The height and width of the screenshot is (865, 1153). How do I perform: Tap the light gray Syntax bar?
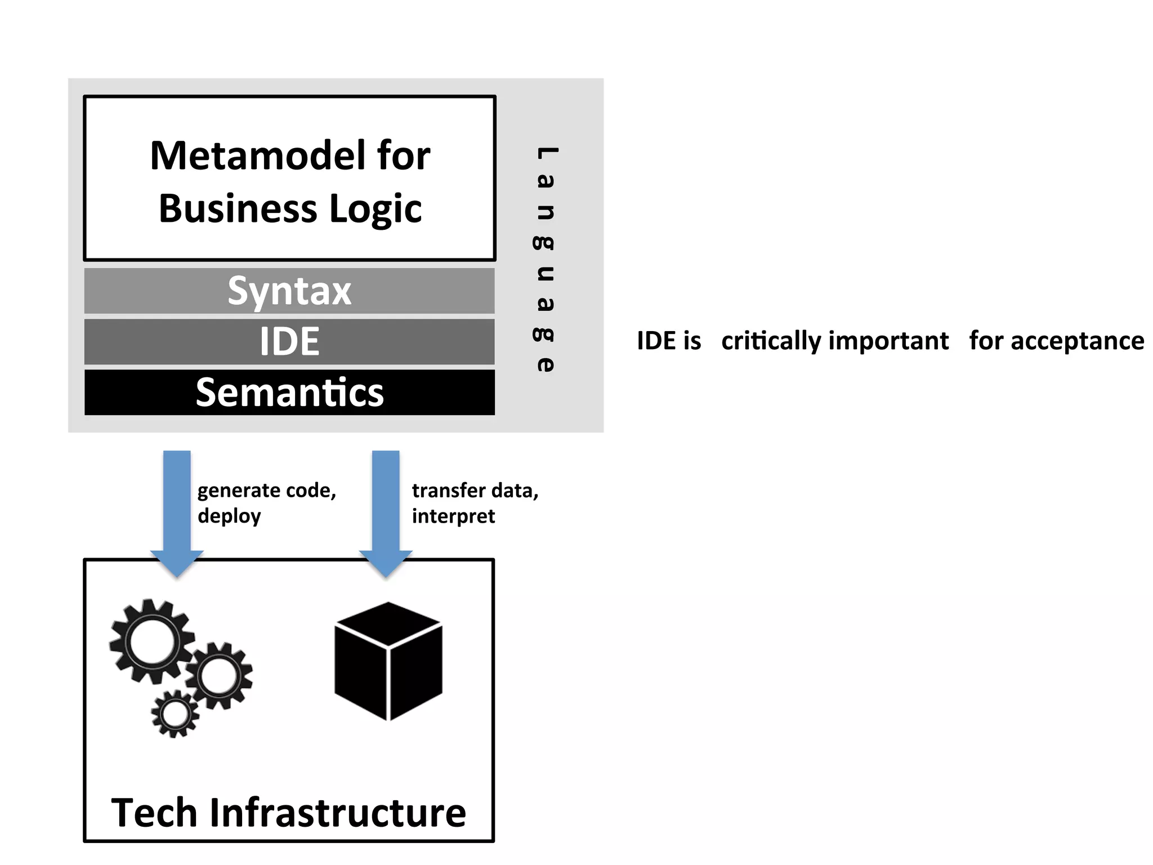[289, 291]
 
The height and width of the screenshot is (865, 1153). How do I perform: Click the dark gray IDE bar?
[289, 341]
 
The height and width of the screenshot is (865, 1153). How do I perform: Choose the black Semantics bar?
[289, 393]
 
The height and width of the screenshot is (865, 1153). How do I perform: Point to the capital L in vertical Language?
[546, 153]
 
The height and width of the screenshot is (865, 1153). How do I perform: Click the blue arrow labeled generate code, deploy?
[177, 507]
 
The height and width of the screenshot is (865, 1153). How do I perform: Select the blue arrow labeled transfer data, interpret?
[386, 507]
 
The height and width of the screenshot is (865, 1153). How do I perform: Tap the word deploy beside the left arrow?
[229, 516]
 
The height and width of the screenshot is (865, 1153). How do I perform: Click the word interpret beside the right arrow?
[453, 516]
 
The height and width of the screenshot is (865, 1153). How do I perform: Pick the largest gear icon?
[151, 642]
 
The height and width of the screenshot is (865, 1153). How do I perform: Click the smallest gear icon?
[175, 714]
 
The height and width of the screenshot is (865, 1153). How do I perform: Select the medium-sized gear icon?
[219, 676]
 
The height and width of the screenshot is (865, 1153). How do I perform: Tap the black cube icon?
[388, 661]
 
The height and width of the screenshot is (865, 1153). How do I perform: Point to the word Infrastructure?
[338, 813]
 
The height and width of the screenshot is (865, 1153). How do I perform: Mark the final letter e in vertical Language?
[545, 364]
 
